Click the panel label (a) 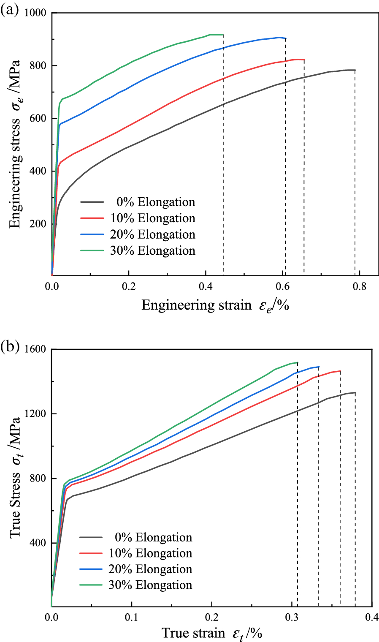9,9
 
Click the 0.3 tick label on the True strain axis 292,617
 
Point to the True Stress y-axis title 16,477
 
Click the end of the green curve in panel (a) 223,35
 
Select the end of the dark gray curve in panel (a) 355,70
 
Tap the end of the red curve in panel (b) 340,371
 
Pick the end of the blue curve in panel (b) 319,367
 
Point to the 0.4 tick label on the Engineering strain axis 206,286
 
